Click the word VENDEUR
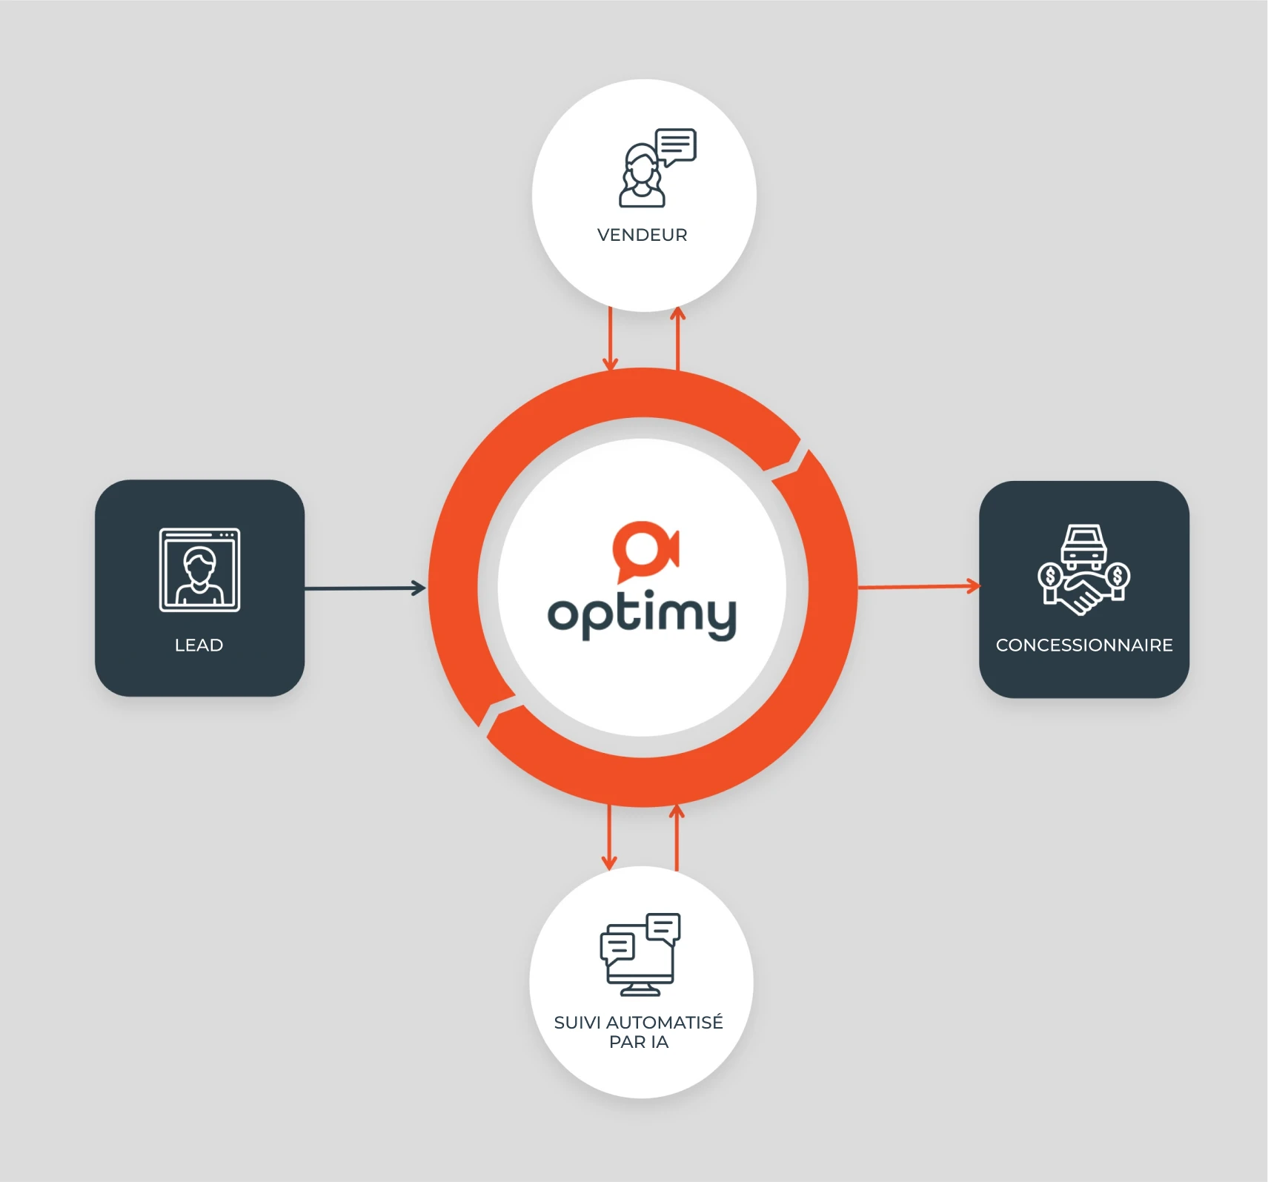click(x=642, y=235)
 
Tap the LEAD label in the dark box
click(x=199, y=645)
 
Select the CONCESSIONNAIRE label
click(x=1083, y=645)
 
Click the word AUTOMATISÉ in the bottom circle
click(x=664, y=1023)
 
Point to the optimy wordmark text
click(x=642, y=614)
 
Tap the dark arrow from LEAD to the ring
click(x=365, y=588)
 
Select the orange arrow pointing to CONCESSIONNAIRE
click(x=919, y=587)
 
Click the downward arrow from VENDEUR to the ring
click(x=610, y=339)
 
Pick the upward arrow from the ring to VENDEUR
click(x=677, y=339)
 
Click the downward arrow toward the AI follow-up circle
click(x=609, y=837)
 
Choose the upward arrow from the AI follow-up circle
click(x=677, y=837)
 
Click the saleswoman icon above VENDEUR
click(x=641, y=176)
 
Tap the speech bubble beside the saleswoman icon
click(x=676, y=146)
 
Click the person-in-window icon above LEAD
click(x=199, y=570)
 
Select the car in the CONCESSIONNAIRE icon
click(x=1083, y=546)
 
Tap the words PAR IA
click(x=639, y=1042)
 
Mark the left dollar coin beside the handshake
click(x=1050, y=576)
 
